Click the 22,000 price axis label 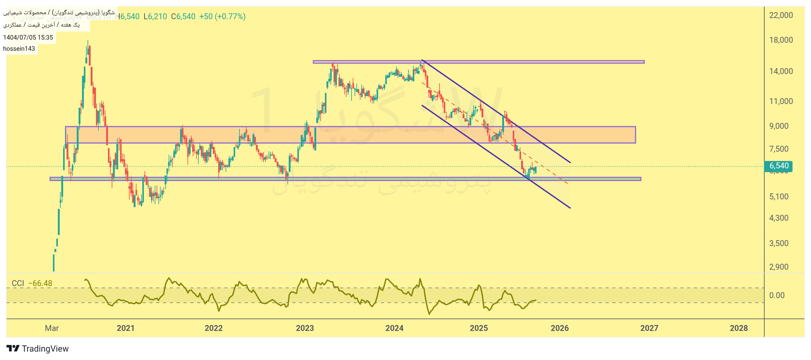point(781,15)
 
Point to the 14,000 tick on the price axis point(781,71)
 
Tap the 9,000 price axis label point(779,126)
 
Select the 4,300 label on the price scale point(779,218)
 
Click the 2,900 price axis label point(779,267)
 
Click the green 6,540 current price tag point(779,166)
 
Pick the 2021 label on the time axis point(126,328)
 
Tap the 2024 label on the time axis point(394,328)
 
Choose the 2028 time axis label point(739,328)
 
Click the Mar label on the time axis point(52,328)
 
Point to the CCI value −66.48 point(40,284)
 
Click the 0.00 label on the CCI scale point(777,295)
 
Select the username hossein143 point(19,49)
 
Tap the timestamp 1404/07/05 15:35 point(28,37)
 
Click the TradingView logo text point(45,349)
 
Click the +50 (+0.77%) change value point(222,16)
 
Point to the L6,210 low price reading point(155,16)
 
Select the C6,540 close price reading point(183,16)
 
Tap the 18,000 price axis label point(781,40)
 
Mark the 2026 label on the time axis point(559,328)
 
